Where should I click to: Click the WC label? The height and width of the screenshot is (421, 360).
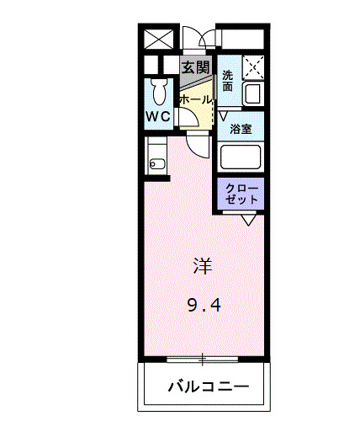coord(159,116)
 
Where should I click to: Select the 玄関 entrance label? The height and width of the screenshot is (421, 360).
coord(195,67)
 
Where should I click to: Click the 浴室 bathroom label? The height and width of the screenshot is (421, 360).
coord(241,129)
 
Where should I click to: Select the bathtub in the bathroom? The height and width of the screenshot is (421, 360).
coord(241,157)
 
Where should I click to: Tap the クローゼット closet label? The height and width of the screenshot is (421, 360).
coord(242,193)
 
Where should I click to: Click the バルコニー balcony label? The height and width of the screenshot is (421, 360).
coord(207,387)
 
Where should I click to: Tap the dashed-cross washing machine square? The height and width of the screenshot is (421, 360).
coord(253,66)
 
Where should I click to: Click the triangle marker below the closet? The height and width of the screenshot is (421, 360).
coord(249,219)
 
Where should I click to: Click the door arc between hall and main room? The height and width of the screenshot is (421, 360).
coord(197,145)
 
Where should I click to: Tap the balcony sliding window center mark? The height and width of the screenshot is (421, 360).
coord(202,359)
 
